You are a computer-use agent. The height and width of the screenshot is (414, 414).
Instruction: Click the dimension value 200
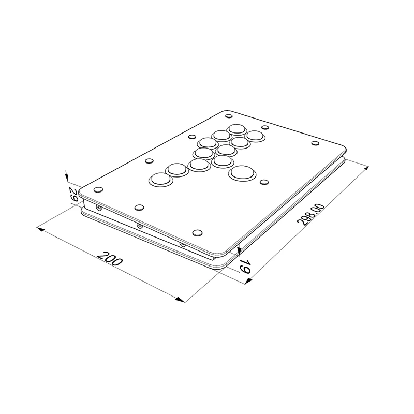pyautogui.click(x=110, y=258)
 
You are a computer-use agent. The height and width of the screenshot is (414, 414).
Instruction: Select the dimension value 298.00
pyautogui.click(x=310, y=214)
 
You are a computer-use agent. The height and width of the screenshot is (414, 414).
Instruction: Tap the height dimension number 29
pyautogui.click(x=73, y=194)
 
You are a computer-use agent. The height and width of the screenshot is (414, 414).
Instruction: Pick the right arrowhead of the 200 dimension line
pyautogui.click(x=180, y=300)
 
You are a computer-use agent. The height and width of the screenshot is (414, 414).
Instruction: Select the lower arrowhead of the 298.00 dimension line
pyautogui.click(x=248, y=282)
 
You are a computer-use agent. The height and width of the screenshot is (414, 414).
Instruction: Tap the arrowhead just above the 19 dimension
pyautogui.click(x=239, y=251)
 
